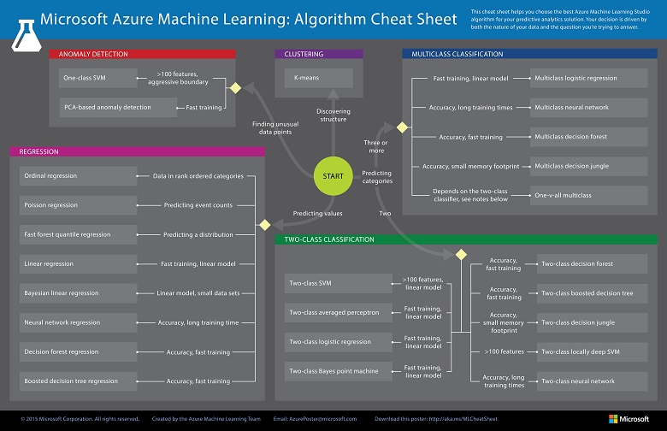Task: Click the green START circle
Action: pos(333,176)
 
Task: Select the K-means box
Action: pos(318,79)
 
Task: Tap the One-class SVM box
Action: pos(96,79)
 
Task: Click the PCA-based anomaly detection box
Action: pos(107,108)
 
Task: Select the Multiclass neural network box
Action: pos(588,108)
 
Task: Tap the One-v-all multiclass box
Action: pos(588,195)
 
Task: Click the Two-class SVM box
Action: pos(338,283)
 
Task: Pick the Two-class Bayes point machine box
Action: pos(338,371)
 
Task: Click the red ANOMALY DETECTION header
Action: pos(142,54)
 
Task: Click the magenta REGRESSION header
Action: pos(137,151)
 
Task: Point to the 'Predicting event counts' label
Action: pos(198,205)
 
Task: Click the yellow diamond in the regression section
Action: pos(264,224)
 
